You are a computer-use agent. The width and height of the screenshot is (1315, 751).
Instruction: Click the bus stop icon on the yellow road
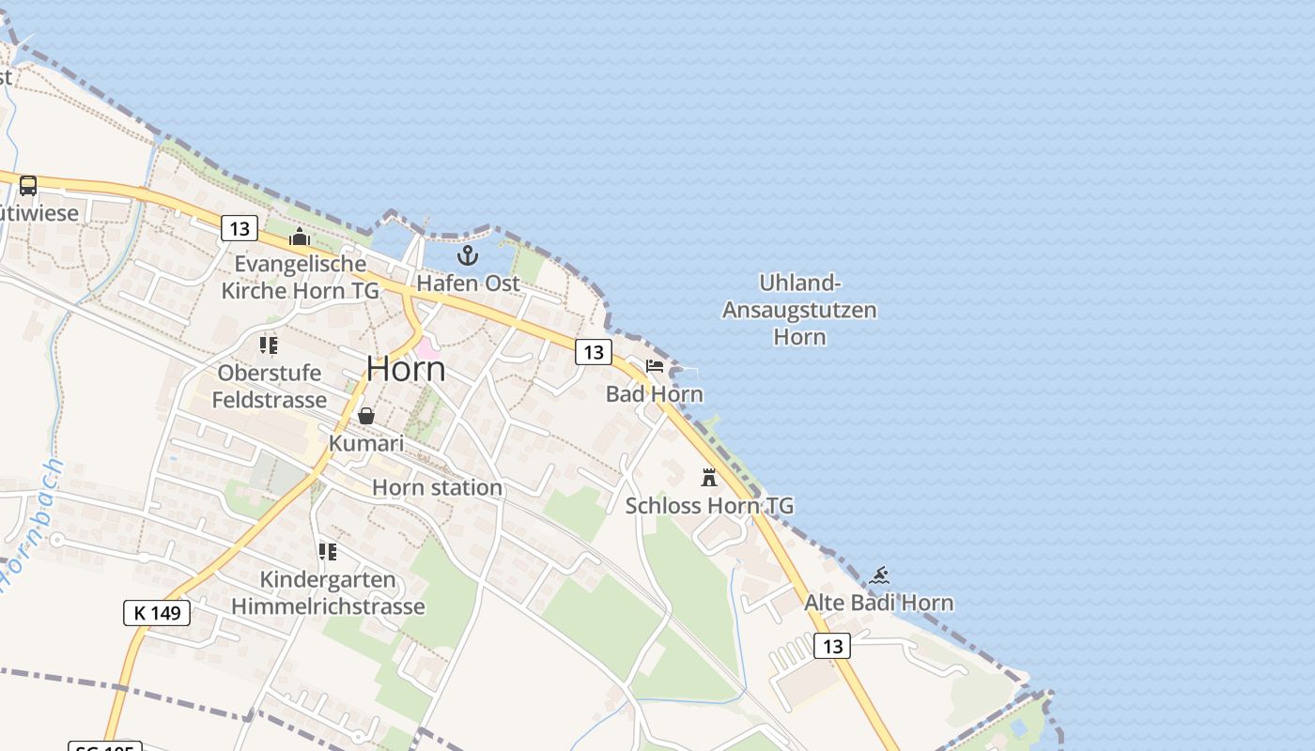tap(28, 185)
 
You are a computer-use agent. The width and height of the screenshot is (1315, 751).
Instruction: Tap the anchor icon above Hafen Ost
tap(468, 254)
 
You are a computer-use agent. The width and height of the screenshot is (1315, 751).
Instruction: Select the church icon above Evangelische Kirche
tap(300, 237)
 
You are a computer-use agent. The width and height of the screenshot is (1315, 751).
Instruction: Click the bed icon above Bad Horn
tap(655, 366)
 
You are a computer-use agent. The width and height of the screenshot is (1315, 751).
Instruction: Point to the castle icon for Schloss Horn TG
tap(709, 477)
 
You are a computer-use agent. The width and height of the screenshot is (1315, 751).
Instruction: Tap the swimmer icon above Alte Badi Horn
tap(879, 575)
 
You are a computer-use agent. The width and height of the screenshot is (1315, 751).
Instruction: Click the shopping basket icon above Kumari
tap(366, 415)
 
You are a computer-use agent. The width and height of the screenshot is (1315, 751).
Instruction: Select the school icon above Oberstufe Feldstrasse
tap(270, 345)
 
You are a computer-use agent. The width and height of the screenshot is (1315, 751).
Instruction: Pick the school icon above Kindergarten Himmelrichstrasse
tap(328, 552)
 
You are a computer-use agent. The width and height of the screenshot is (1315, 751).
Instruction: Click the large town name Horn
tap(406, 369)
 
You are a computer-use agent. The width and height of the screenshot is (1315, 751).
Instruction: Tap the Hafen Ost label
tap(468, 283)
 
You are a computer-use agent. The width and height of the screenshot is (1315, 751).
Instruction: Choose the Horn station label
tap(437, 487)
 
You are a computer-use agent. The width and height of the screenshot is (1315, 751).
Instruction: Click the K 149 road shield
tap(157, 613)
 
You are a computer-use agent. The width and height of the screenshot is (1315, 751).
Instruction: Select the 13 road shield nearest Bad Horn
tap(593, 352)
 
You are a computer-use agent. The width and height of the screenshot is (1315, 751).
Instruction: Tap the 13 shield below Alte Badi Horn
tap(831, 646)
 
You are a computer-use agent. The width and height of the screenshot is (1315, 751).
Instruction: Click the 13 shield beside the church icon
tap(240, 228)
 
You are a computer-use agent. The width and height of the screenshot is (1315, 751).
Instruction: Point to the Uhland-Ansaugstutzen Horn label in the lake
tap(799, 310)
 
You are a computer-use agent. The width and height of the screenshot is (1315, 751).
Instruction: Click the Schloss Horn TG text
tap(709, 506)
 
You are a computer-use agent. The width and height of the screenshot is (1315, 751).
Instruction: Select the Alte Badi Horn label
tap(878, 603)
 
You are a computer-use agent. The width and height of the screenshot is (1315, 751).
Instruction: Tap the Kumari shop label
tap(366, 443)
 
